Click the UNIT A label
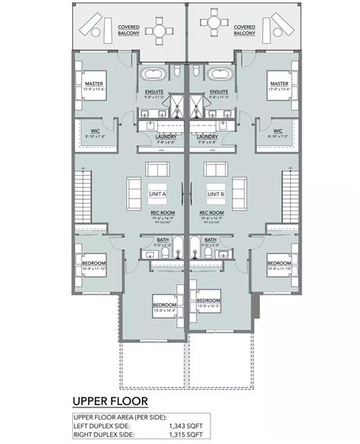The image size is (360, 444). coord(158,195)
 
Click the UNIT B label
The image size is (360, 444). coord(216,195)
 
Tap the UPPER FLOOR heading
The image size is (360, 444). coord(110,401)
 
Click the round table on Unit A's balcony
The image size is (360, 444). coord(159,32)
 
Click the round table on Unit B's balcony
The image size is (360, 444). coord(216,32)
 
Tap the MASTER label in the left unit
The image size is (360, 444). coord(94,84)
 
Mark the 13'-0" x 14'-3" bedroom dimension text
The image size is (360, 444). coord(164,310)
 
